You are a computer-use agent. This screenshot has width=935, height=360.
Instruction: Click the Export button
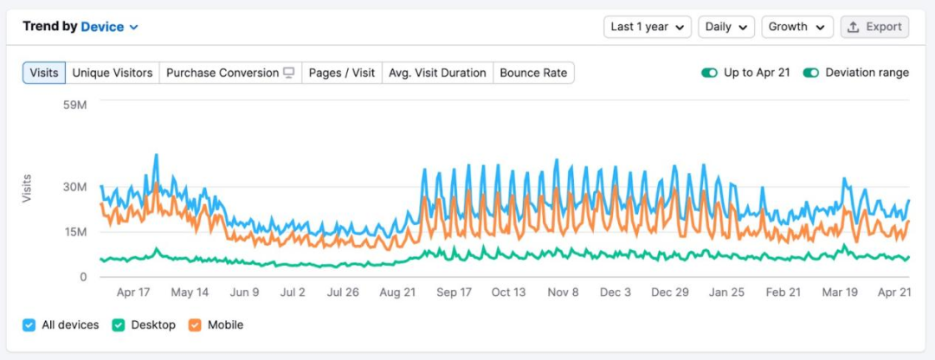tap(874, 27)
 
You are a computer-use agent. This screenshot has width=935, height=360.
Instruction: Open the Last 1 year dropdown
tap(648, 27)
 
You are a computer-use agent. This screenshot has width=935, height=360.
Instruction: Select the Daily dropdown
tap(726, 27)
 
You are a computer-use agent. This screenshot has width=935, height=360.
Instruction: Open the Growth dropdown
tap(796, 27)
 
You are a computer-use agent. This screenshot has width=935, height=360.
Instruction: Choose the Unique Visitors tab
tap(113, 73)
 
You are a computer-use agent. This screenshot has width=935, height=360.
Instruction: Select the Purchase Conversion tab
tap(230, 73)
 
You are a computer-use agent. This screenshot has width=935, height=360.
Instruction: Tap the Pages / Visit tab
tap(342, 73)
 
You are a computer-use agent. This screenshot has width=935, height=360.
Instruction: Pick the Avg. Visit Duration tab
tap(437, 73)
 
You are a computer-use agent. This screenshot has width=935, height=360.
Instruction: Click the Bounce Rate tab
tap(533, 73)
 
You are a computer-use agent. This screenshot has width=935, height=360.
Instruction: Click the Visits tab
tap(44, 73)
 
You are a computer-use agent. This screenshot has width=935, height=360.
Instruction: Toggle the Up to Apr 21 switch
tap(710, 73)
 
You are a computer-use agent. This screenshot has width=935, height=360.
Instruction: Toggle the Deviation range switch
tap(811, 73)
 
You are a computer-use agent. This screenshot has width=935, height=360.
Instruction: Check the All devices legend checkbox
tap(29, 325)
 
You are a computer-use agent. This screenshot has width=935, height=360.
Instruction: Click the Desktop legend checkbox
tap(118, 325)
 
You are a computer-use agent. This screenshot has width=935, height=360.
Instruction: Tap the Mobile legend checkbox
tap(194, 325)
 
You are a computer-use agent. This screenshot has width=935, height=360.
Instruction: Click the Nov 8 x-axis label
tap(563, 292)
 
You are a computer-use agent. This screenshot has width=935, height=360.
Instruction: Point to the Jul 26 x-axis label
tap(344, 292)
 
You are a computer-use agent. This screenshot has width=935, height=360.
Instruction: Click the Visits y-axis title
tap(27, 189)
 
